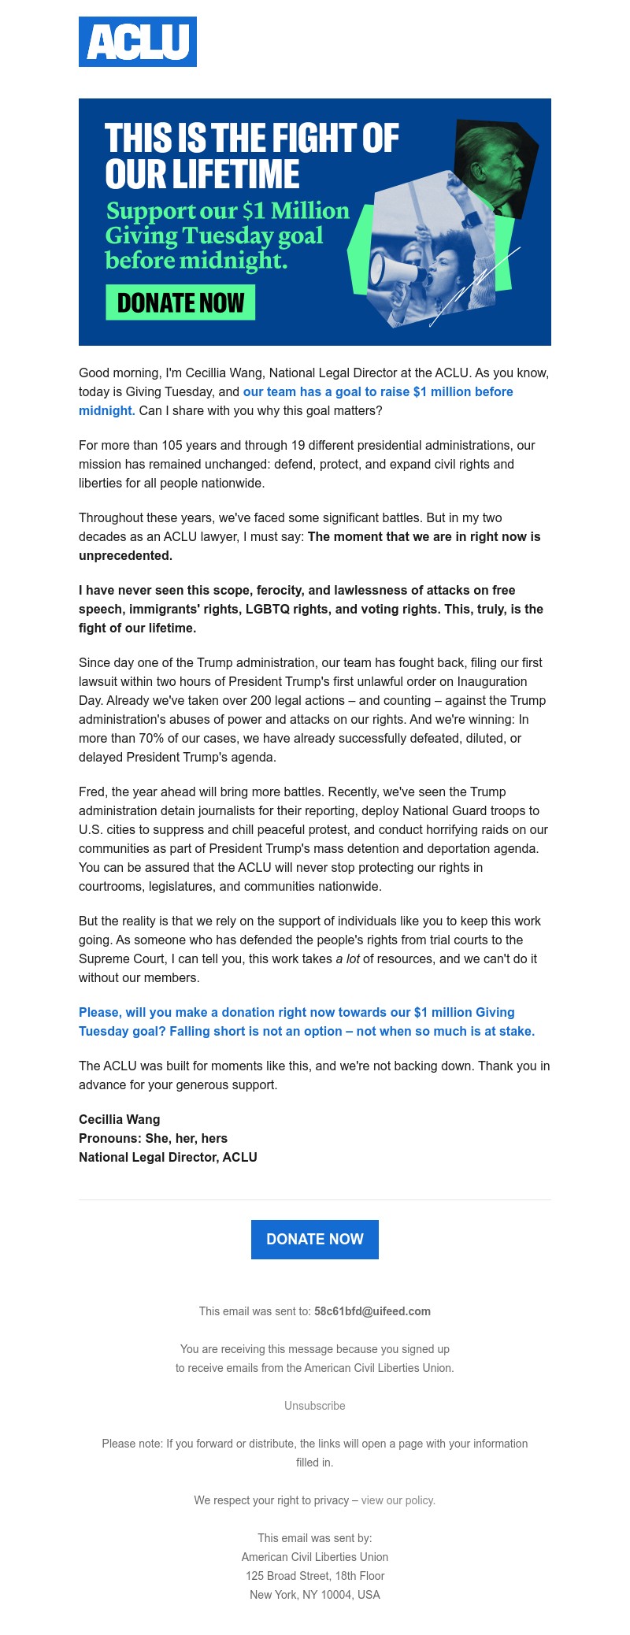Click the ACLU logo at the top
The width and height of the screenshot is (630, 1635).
138,42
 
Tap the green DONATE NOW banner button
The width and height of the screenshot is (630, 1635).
180,303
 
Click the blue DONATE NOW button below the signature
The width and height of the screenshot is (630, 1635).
315,1239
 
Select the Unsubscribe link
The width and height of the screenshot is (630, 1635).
315,1406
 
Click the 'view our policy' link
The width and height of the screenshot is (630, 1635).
398,1500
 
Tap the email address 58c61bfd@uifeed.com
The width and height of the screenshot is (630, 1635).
372,1311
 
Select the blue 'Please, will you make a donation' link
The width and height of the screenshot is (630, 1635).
296,1012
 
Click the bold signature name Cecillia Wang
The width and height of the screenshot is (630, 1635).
119,1119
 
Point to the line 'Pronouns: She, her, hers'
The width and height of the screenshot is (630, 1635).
153,1138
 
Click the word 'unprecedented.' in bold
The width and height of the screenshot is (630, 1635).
125,555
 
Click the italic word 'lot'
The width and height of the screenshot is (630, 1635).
353,958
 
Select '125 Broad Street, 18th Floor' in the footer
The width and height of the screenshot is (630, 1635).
315,1576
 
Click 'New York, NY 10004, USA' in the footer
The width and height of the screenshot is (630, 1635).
315,1595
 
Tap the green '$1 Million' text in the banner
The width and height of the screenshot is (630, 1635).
295,211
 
